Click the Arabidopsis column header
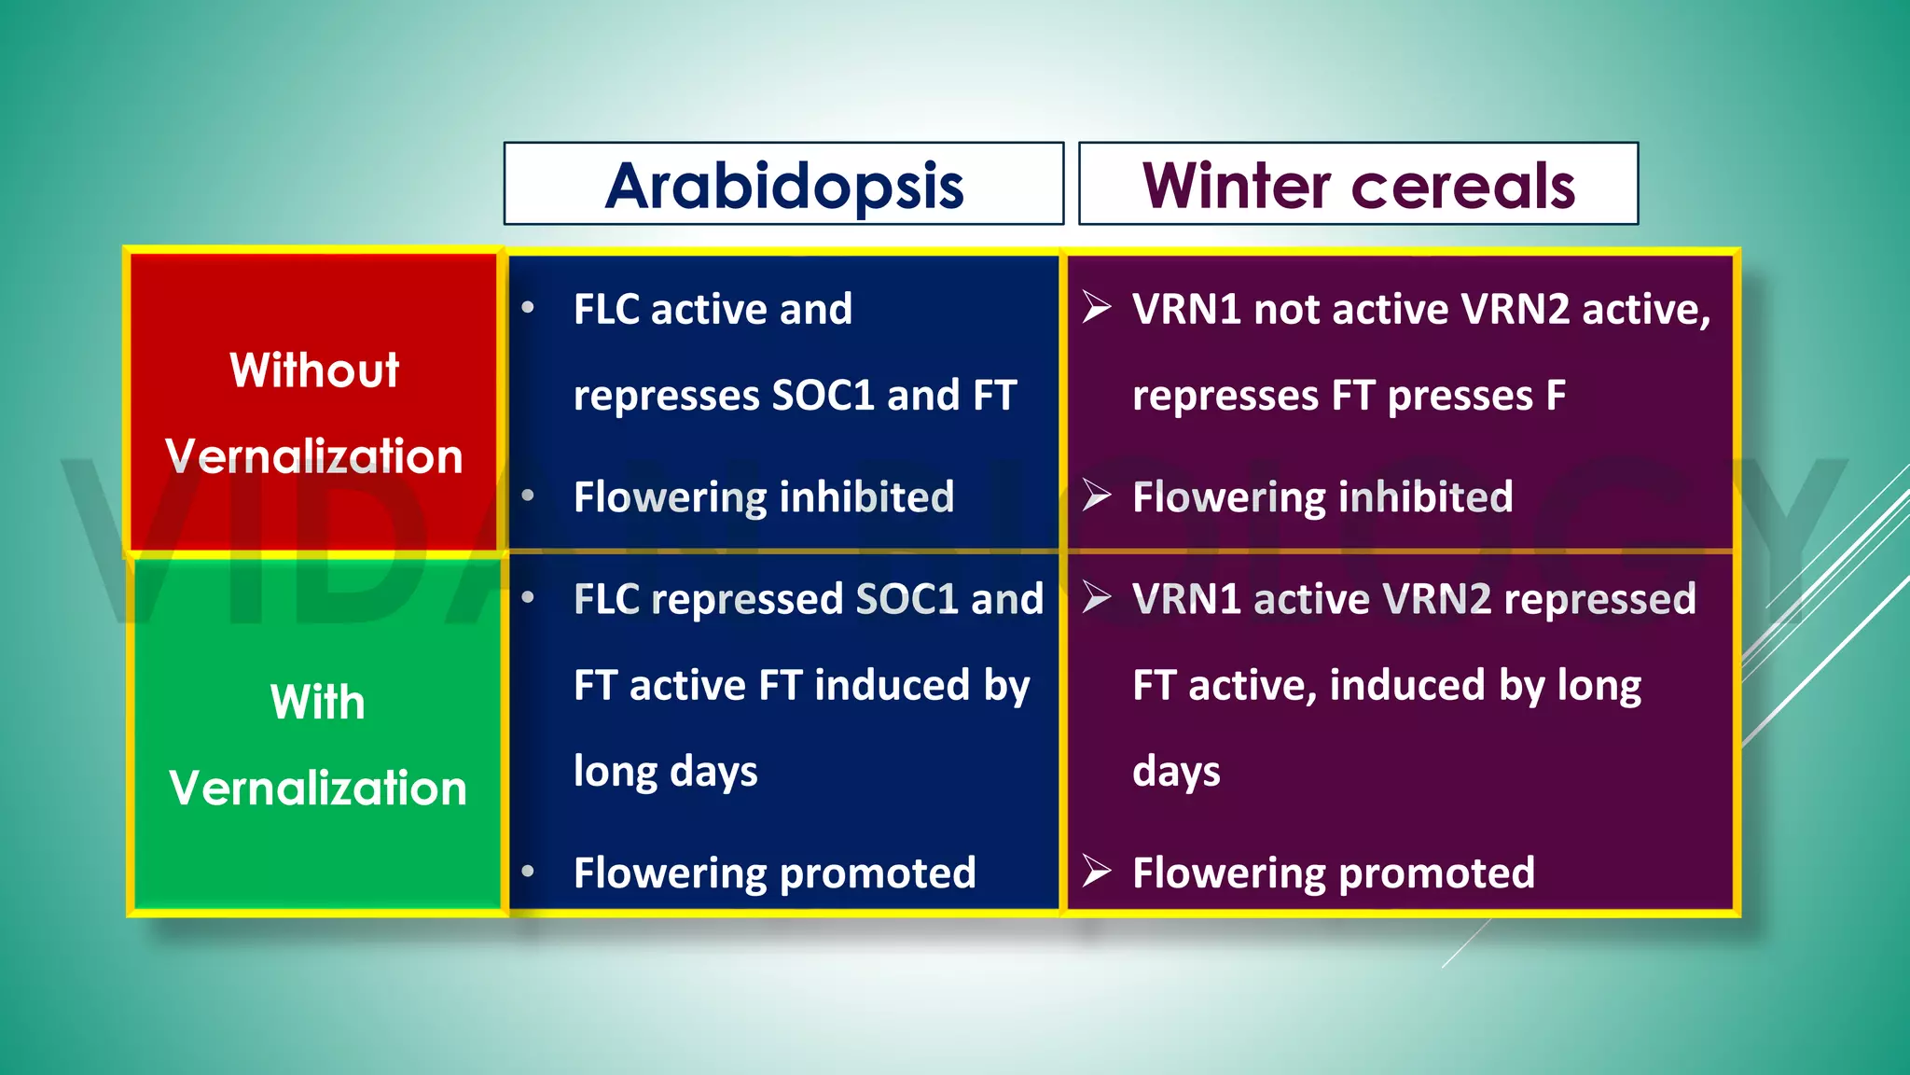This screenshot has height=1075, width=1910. pos(783,186)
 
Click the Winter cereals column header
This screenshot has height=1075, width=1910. pos(1358,186)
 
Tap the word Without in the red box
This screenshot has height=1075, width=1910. pos(314,370)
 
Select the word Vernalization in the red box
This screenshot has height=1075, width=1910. pos(314,456)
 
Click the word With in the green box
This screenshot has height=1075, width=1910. pos(317,702)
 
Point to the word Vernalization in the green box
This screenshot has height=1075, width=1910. pos(317,789)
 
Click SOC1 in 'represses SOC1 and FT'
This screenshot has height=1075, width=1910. pos(824,396)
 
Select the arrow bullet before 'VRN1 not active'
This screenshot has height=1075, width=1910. pos(1097,307)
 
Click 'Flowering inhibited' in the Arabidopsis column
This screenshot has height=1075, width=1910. pos(764,496)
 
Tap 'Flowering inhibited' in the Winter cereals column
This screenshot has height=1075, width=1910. pos(1322,496)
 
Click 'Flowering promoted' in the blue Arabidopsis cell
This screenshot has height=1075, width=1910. pos(774,873)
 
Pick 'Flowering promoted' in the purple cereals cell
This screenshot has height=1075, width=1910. pos(1334,873)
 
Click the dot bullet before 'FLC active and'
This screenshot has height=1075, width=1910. pos(528,308)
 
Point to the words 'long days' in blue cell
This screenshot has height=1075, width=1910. pos(665,772)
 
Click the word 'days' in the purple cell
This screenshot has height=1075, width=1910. pos(1176,772)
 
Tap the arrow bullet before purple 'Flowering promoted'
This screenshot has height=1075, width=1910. pos(1097,872)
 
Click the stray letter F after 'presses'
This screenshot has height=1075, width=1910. pos(1556,396)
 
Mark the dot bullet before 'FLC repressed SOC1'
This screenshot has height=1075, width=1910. pos(528,597)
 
